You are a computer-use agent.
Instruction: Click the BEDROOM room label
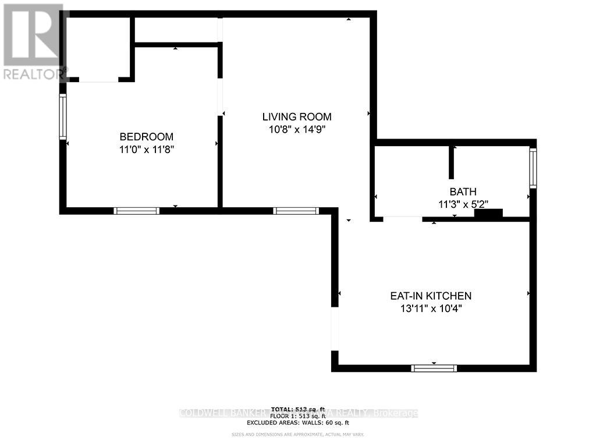point(146,137)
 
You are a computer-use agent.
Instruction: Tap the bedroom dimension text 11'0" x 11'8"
point(146,149)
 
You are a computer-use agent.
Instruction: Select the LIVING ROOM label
point(296,117)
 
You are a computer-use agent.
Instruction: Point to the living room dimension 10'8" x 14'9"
point(296,129)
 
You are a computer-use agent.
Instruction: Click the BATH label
point(463,191)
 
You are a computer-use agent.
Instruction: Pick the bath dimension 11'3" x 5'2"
point(463,204)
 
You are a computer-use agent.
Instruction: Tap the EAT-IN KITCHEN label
point(430,296)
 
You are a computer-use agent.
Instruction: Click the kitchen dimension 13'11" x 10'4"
point(430,308)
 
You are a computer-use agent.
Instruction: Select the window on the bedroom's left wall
point(63,117)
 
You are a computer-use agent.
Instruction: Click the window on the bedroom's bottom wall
point(137,211)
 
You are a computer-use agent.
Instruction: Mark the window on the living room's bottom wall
point(296,211)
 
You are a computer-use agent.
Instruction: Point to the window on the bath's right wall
point(533,169)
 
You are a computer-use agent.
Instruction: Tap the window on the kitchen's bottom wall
point(434,368)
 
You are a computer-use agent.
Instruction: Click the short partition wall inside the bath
point(451,162)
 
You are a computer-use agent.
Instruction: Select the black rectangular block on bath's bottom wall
point(488,214)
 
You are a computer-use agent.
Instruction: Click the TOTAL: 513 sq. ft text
point(297,409)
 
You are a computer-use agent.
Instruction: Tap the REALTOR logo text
point(34,74)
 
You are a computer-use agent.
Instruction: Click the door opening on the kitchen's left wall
point(335,329)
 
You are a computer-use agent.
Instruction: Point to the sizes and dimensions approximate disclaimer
point(297,434)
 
